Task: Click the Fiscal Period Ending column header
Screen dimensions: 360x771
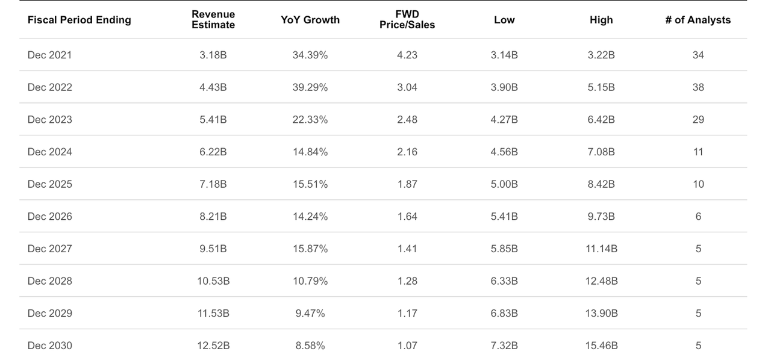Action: tap(79, 20)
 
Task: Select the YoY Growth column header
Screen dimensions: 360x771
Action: tap(310, 20)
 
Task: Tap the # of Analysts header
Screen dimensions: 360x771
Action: tap(698, 20)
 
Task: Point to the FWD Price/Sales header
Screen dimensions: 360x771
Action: tap(407, 20)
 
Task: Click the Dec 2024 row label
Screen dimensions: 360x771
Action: tap(49, 152)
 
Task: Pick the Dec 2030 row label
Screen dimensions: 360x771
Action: tap(49, 346)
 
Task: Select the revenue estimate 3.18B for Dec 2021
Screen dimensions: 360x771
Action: tap(213, 55)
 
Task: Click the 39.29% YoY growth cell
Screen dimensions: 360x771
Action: tap(310, 87)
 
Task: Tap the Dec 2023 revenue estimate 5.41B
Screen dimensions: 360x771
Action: tap(213, 120)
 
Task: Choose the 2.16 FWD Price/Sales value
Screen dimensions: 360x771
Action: tap(407, 152)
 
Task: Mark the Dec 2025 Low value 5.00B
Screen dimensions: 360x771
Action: tap(504, 184)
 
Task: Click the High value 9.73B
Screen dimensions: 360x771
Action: tap(601, 217)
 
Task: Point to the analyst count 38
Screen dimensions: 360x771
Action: tap(698, 87)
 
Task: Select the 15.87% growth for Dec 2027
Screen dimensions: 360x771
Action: tap(310, 249)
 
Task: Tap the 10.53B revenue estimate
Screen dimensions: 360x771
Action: tap(213, 281)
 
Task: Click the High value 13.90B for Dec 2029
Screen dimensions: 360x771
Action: tap(601, 313)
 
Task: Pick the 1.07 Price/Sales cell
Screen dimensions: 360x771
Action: tap(407, 346)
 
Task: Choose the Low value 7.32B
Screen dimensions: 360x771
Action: tap(504, 346)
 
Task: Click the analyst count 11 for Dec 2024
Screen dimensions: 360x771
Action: tap(698, 152)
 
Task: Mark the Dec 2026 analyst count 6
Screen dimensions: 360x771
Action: tap(698, 217)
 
